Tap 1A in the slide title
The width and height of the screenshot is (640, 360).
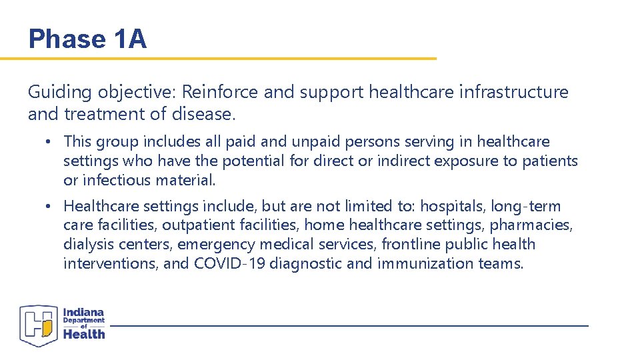tap(129, 39)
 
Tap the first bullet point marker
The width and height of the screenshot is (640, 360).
tap(51, 142)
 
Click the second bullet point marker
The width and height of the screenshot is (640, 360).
tap(51, 207)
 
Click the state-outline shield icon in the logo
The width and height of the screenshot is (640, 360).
tap(39, 325)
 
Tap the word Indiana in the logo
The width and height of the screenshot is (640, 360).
tap(84, 312)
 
